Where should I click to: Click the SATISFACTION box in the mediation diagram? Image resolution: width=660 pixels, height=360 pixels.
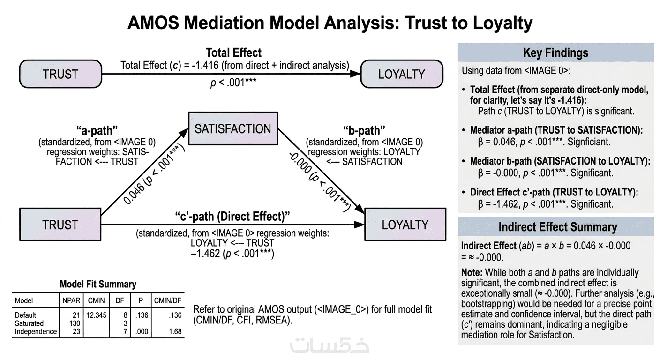pyautogui.click(x=233, y=128)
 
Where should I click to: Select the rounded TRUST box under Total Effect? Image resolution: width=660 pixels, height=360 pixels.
pyautogui.click(x=60, y=74)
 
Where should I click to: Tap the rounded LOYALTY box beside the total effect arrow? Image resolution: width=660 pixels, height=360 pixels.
pyautogui.click(x=402, y=74)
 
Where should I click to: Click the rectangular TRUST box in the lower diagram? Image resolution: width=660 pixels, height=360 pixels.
pyautogui.click(x=60, y=225)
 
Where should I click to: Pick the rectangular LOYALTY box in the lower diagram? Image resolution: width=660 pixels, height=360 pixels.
pyautogui.click(x=405, y=225)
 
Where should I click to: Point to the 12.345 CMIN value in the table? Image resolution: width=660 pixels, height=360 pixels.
pyautogui.click(x=97, y=315)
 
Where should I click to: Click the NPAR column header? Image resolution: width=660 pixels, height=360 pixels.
pyautogui.click(x=71, y=300)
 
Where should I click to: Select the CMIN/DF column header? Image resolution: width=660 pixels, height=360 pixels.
pyautogui.click(x=168, y=300)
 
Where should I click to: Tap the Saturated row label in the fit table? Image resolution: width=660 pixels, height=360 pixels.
pyautogui.click(x=29, y=323)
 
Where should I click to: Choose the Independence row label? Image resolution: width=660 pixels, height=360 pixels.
pyautogui.click(x=36, y=332)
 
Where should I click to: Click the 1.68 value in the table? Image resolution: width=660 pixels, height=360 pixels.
pyautogui.click(x=175, y=332)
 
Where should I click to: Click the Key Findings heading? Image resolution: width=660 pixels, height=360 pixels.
pyautogui.click(x=555, y=52)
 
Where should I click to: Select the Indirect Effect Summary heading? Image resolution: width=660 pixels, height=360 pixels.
pyautogui.click(x=558, y=227)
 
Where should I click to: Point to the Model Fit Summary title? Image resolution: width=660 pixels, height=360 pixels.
pyautogui.click(x=98, y=284)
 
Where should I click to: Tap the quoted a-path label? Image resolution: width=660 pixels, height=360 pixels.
pyautogui.click(x=97, y=130)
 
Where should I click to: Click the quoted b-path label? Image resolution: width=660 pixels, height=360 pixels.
pyautogui.click(x=364, y=130)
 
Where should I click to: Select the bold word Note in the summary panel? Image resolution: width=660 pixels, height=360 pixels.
pyautogui.click(x=472, y=272)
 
